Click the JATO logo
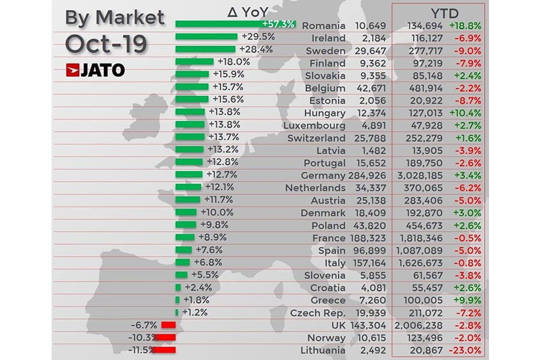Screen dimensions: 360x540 95,70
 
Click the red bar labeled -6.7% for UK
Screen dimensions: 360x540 168,325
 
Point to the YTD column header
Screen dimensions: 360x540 440,12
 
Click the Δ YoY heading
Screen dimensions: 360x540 247,11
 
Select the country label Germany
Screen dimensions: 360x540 322,175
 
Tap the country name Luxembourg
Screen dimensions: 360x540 314,125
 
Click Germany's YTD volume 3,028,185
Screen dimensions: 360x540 419,175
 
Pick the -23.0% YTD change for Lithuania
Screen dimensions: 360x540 466,350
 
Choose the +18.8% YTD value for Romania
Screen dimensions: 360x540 466,26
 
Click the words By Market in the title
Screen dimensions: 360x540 114,17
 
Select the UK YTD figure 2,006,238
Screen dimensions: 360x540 419,325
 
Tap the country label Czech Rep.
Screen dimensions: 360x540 317,313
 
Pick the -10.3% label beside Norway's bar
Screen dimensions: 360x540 142,337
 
